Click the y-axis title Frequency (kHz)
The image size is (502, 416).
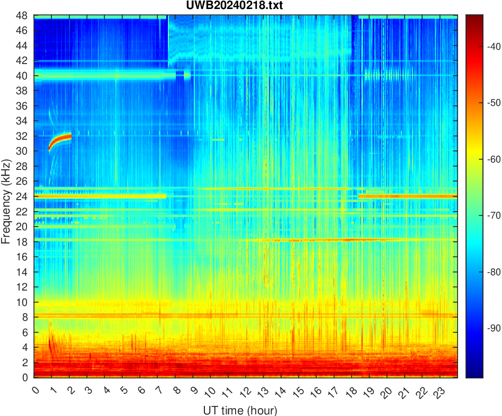[6, 196]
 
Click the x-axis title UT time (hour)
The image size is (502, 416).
[240, 410]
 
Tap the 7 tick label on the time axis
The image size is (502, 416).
[159, 391]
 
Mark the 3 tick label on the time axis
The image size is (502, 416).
[89, 391]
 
